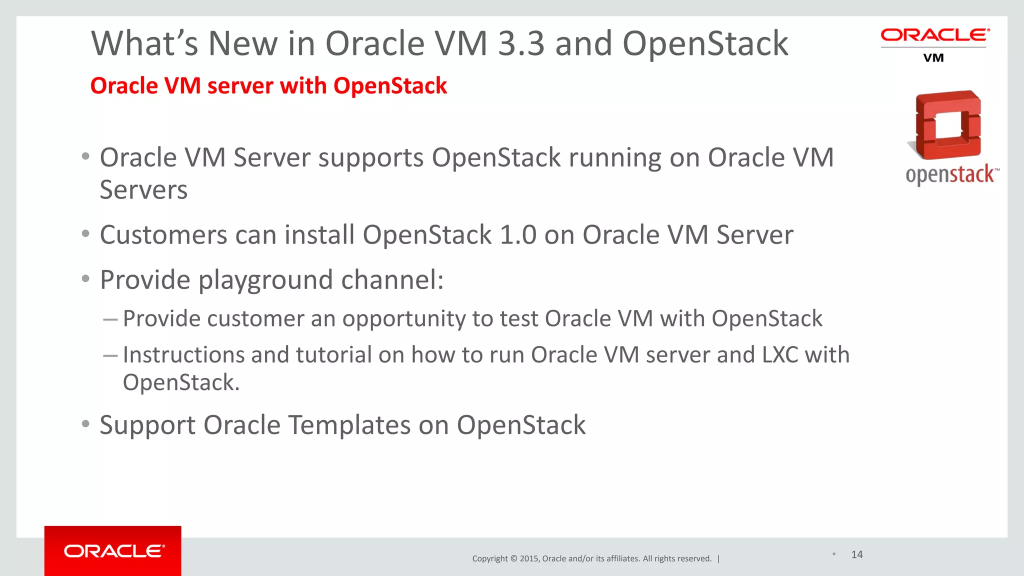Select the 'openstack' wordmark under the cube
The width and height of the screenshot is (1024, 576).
click(x=950, y=174)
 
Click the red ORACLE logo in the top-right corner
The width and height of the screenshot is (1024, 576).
click(x=934, y=35)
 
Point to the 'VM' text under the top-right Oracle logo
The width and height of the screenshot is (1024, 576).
click(x=933, y=58)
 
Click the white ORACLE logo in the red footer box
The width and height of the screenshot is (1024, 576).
click(x=114, y=551)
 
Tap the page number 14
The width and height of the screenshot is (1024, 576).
click(x=857, y=554)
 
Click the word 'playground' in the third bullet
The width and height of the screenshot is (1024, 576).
click(x=265, y=280)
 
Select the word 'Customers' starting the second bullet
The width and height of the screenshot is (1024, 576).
click(x=163, y=235)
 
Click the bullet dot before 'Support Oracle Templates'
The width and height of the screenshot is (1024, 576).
click(x=85, y=424)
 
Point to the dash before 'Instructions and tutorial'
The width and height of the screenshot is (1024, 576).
click(x=110, y=355)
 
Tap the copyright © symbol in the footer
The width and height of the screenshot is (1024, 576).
click(x=513, y=558)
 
